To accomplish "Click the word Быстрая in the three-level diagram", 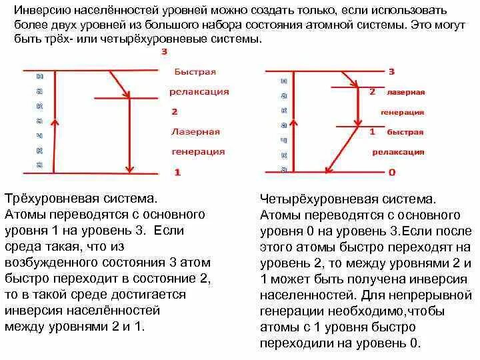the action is coord(195,71).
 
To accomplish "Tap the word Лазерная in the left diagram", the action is coord(195,132).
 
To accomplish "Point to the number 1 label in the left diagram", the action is coord(177,172).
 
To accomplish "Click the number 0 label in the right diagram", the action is coord(392,172).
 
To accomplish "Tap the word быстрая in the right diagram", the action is coord(405,132).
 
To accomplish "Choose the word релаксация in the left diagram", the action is coord(199,91).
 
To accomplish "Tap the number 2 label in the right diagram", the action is coord(372,91).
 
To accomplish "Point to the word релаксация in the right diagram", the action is coord(398,152).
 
